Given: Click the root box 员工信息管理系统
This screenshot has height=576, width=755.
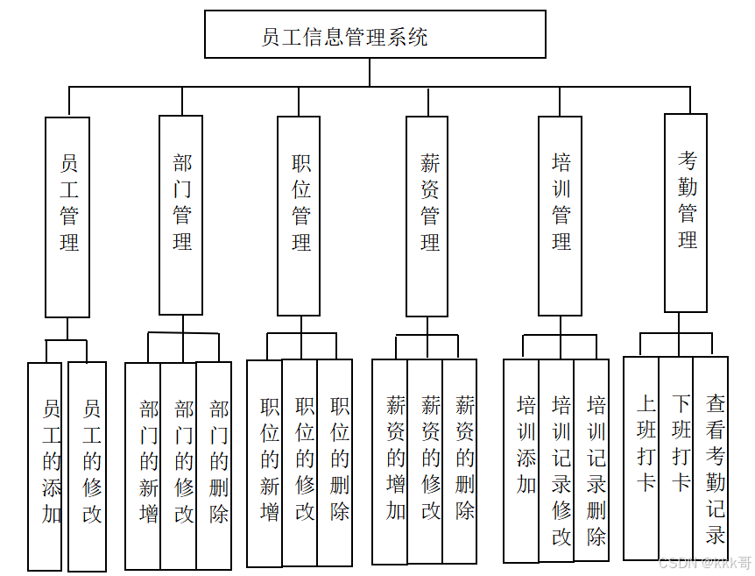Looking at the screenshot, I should [x=375, y=35].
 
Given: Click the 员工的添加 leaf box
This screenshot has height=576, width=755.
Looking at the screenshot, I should [x=46, y=465].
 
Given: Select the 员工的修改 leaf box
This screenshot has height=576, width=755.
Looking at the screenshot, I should [x=88, y=465].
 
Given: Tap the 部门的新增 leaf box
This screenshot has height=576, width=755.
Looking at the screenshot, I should [x=143, y=465].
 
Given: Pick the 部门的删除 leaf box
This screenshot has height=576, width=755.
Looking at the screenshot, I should [x=214, y=465].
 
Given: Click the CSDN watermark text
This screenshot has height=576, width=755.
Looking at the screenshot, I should [x=704, y=563].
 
